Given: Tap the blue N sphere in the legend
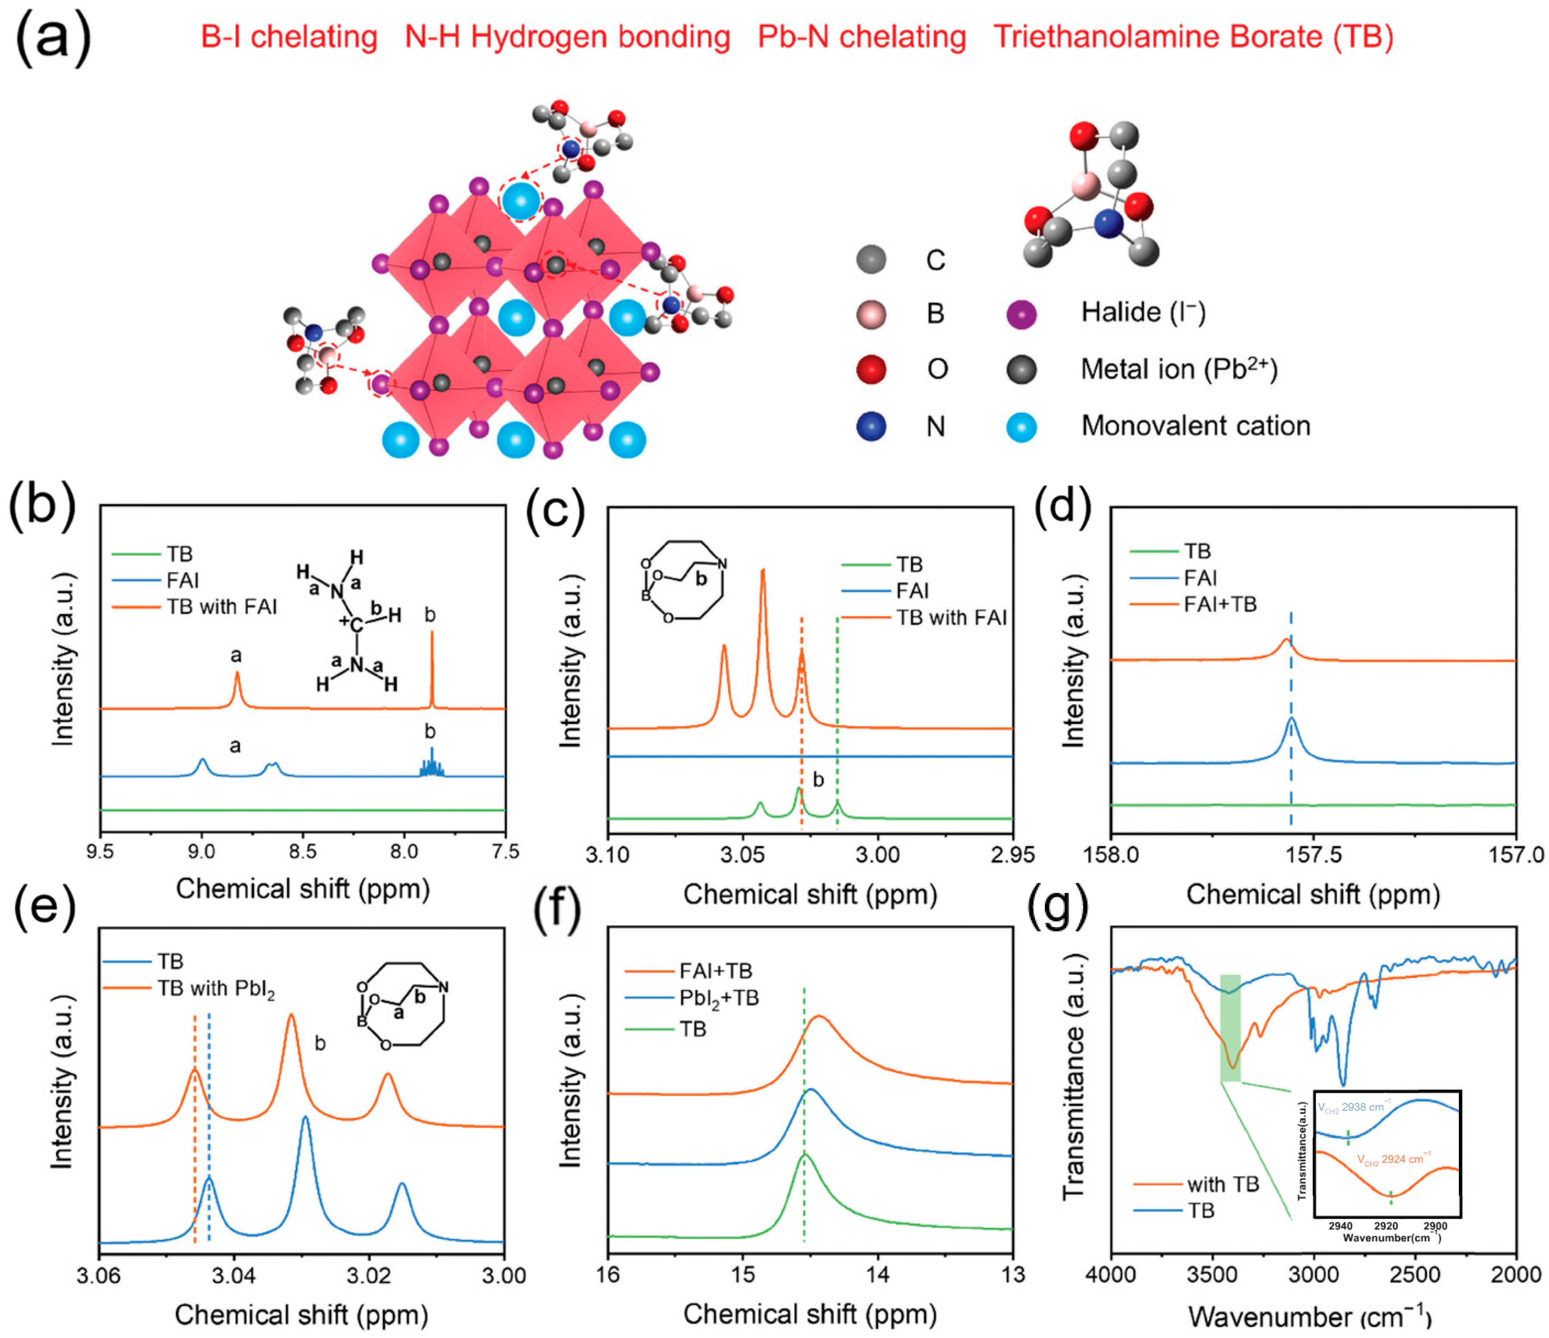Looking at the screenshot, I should (x=871, y=426).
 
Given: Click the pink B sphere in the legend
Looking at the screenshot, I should (x=871, y=314).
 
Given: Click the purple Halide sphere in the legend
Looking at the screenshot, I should (x=1021, y=314).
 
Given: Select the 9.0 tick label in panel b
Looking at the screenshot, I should (x=201, y=852).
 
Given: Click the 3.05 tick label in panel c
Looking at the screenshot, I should (x=742, y=854).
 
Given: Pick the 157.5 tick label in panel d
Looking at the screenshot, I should (x=1314, y=854).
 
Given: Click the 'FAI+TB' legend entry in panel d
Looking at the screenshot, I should (x=1220, y=604).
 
